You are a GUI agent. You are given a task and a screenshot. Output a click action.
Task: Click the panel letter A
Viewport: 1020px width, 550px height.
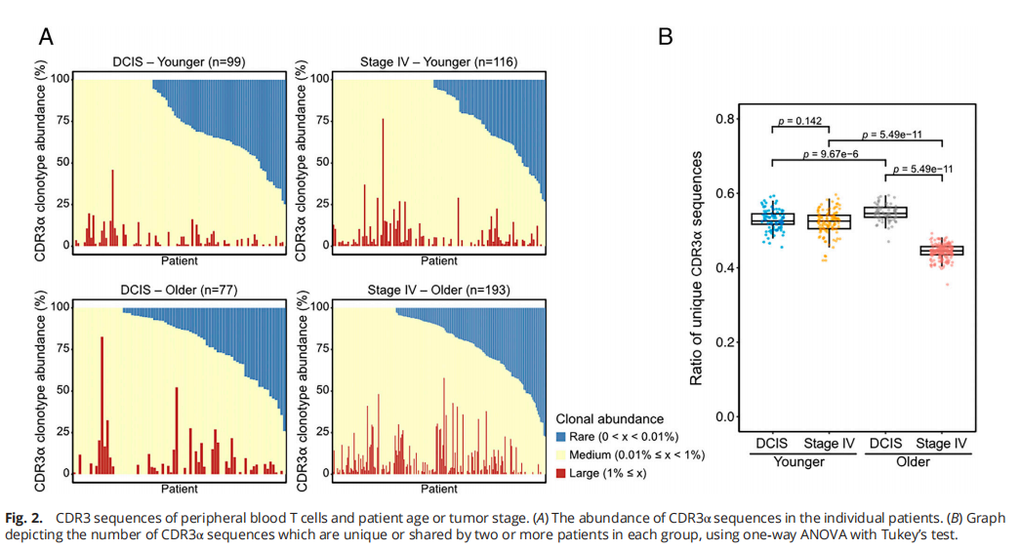tap(46, 38)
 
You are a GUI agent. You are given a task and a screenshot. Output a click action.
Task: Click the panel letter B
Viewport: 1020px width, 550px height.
tap(666, 37)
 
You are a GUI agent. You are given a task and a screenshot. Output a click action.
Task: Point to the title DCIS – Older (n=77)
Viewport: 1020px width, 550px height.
tap(180, 290)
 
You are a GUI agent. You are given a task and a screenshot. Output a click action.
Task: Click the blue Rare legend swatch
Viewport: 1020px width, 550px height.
tap(560, 437)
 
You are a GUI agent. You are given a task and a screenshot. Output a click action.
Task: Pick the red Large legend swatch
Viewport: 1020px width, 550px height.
tap(560, 473)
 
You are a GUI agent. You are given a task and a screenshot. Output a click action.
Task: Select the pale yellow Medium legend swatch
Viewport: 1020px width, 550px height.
tap(560, 454)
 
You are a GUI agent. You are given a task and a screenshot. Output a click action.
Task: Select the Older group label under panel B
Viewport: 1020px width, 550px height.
tap(914, 461)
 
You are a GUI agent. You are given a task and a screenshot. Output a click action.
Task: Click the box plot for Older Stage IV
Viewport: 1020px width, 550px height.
tap(943, 251)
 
